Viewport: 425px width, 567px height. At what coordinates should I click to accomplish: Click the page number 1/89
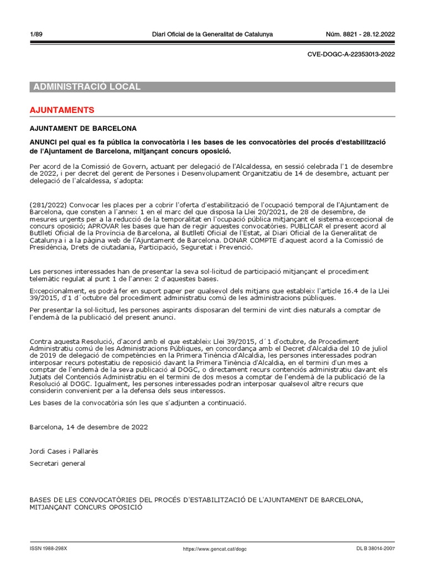[37, 35]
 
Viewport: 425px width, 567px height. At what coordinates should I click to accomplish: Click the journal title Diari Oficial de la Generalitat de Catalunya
[212, 35]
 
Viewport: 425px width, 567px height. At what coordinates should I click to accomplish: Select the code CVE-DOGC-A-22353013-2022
[350, 54]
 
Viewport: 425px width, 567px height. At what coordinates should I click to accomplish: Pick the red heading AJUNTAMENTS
[62, 110]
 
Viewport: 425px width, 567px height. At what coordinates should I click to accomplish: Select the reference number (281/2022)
[48, 205]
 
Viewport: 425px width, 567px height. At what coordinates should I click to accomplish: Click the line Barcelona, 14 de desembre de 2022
[89, 427]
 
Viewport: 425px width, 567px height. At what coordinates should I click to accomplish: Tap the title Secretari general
[58, 463]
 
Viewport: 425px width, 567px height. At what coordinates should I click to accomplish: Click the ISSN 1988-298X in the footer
[48, 549]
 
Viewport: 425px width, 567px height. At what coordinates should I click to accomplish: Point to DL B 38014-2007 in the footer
[376, 549]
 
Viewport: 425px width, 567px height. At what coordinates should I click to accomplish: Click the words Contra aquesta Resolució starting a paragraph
[66, 341]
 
